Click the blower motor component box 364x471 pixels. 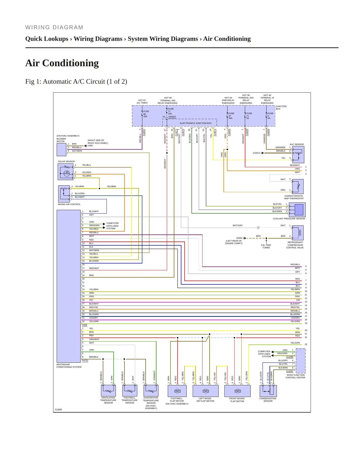pyautogui.click(x=61, y=150)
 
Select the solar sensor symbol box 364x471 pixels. pyautogui.click(x=65, y=172)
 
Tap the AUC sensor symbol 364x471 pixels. pyautogui.click(x=297, y=155)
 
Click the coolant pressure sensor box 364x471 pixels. pyautogui.click(x=297, y=210)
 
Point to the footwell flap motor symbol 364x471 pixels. pyautogui.click(x=177, y=391)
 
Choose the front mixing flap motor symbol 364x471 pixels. pyautogui.click(x=238, y=391)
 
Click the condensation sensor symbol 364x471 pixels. pyautogui.click(x=268, y=391)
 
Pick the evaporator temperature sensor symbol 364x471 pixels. pyautogui.click(x=151, y=390)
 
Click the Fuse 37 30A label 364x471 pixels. pyautogui.click(x=231, y=116)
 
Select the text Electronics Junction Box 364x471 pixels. pyautogui.click(x=196, y=123)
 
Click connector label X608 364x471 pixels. pyautogui.click(x=85, y=325)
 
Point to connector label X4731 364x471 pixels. pyautogui.click(x=85, y=360)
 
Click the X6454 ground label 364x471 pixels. pyautogui.click(x=239, y=238)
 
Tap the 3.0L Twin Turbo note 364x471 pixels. pyautogui.click(x=266, y=246)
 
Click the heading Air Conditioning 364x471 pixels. pyautogui.click(x=62, y=63)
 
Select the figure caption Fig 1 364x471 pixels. pyautogui.click(x=76, y=82)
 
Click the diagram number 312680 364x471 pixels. pyautogui.click(x=58, y=410)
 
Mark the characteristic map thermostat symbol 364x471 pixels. pyautogui.click(x=298, y=186)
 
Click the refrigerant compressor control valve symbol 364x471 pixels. pyautogui.click(x=298, y=233)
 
